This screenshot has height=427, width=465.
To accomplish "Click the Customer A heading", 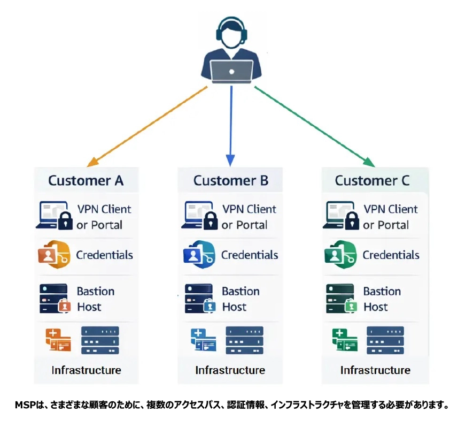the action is pyautogui.click(x=86, y=180).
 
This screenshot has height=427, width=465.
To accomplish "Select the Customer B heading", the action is pyautogui.click(x=231, y=180).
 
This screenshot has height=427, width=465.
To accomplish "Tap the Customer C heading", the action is pyautogui.click(x=372, y=180).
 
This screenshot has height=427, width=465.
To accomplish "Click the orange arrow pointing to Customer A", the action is pyautogui.click(x=147, y=126).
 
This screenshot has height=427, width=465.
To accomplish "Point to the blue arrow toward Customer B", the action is pyautogui.click(x=231, y=126).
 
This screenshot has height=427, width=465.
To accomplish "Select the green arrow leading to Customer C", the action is pyautogui.click(x=315, y=126).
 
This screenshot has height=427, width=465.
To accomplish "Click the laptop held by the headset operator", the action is pyautogui.click(x=231, y=71).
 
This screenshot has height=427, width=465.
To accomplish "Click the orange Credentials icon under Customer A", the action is pyautogui.click(x=54, y=255).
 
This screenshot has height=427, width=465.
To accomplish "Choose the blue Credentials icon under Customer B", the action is pyautogui.click(x=199, y=255).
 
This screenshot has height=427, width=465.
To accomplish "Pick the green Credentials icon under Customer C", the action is pyautogui.click(x=340, y=255).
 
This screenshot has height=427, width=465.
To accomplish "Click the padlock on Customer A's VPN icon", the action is pyautogui.click(x=65, y=220).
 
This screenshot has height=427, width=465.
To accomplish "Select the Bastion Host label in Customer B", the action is pyautogui.click(x=241, y=299).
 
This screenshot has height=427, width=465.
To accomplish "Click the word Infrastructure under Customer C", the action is pyautogui.click(x=375, y=370).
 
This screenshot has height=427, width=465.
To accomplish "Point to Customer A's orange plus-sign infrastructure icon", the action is pyautogui.click(x=58, y=340).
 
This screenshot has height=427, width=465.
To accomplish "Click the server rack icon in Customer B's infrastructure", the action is pyautogui.click(x=244, y=340).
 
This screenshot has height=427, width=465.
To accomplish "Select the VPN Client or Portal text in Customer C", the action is pyautogui.click(x=391, y=217).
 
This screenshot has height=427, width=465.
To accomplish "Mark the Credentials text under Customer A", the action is pyautogui.click(x=104, y=255).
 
